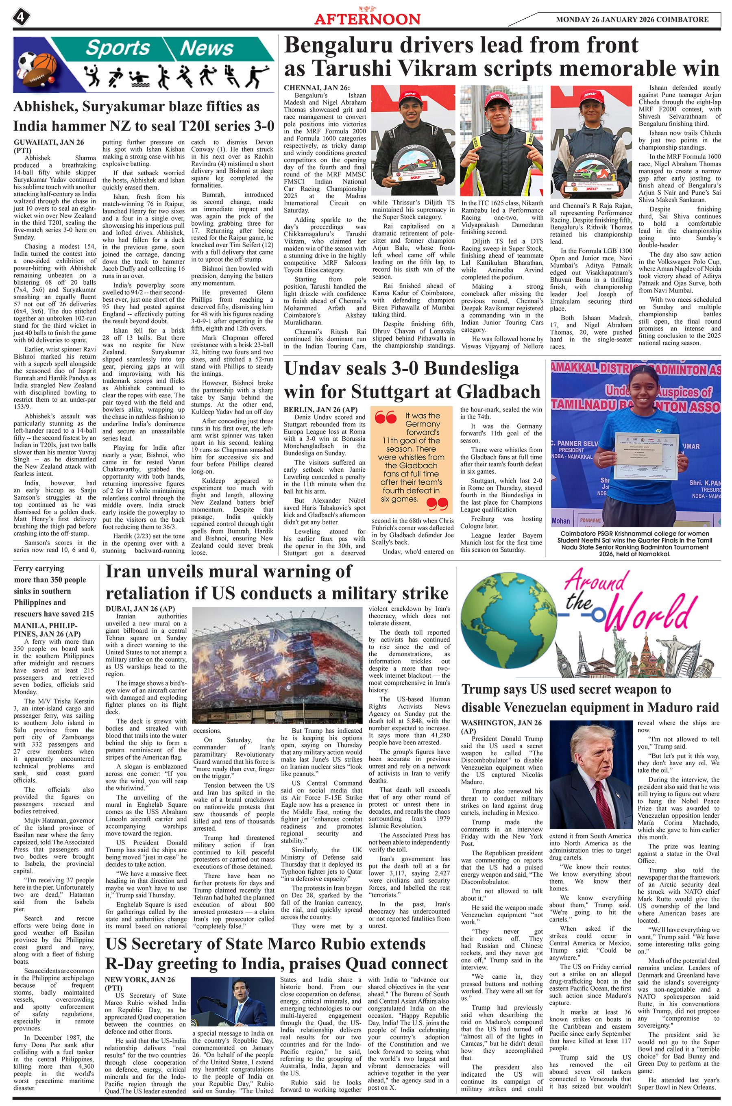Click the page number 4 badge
[21, 18]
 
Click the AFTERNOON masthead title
[367, 19]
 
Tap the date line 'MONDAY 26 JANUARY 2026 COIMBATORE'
[632, 20]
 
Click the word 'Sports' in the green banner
[118, 48]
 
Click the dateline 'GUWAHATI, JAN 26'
[48, 142]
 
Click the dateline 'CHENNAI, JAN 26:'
[316, 88]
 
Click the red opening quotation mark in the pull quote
[386, 417]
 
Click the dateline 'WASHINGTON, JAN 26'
[501, 723]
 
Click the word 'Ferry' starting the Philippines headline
[26, 568]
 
